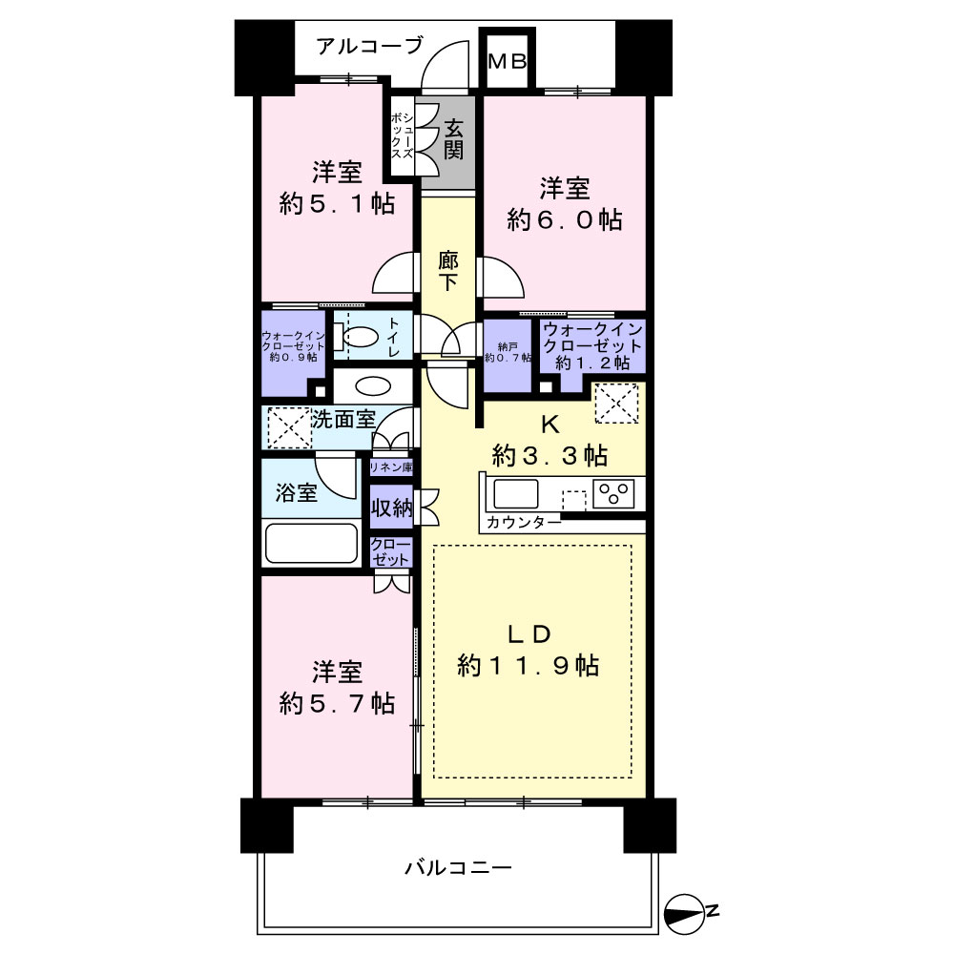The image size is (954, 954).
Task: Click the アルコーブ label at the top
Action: pyautogui.click(x=369, y=46)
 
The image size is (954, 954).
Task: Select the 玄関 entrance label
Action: pyautogui.click(x=453, y=139)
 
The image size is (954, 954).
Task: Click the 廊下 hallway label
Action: pyautogui.click(x=448, y=271)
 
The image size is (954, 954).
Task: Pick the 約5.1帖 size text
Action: pyautogui.click(x=337, y=204)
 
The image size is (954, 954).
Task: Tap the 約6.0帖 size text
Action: pyautogui.click(x=565, y=219)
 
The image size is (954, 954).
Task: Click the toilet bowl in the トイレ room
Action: pyautogui.click(x=361, y=337)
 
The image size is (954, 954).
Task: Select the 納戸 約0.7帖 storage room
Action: pyautogui.click(x=508, y=356)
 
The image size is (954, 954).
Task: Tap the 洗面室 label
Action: pyautogui.click(x=343, y=419)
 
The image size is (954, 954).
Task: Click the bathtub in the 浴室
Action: pyautogui.click(x=311, y=543)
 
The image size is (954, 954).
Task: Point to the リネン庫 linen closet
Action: pyautogui.click(x=391, y=467)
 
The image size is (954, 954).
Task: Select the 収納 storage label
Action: pyautogui.click(x=391, y=507)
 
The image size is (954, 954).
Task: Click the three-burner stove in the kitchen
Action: pyautogui.click(x=613, y=493)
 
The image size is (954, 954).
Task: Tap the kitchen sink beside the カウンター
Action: pyautogui.click(x=516, y=494)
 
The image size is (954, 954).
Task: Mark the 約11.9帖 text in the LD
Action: pyautogui.click(x=529, y=666)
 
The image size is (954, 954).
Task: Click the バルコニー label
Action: pyautogui.click(x=458, y=867)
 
